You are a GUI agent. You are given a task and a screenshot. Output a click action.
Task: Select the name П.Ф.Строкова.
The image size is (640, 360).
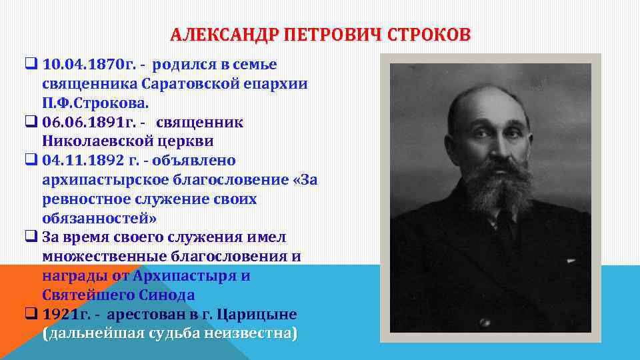coord(96,103)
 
